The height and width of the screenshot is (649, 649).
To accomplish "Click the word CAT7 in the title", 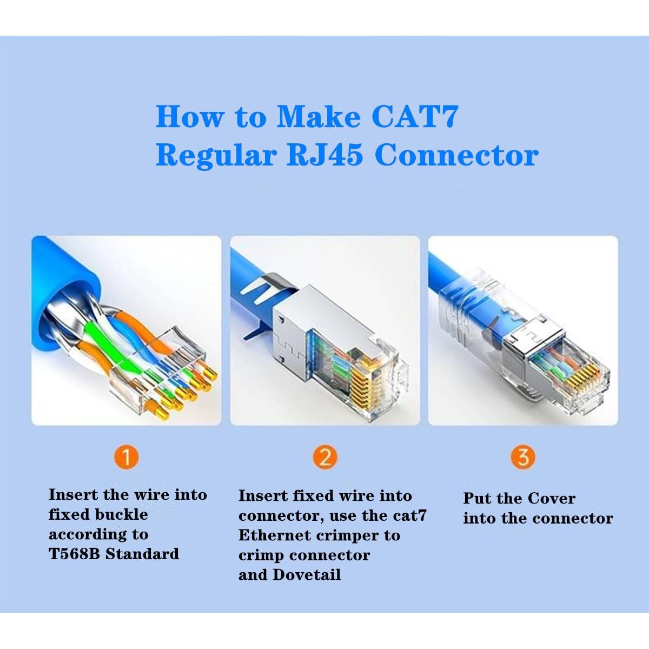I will point(415,116).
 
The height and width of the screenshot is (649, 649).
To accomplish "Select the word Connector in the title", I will point(456,155).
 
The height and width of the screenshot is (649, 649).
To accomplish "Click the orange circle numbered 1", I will point(127,458).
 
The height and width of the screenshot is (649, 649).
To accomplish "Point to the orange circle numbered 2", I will point(325,458).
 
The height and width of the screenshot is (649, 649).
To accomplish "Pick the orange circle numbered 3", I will point(522,458).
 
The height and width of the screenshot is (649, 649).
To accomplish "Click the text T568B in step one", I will point(74,554).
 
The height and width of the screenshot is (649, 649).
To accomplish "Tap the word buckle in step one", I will point(122,514).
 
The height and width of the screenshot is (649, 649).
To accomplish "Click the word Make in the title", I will point(318,116).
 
